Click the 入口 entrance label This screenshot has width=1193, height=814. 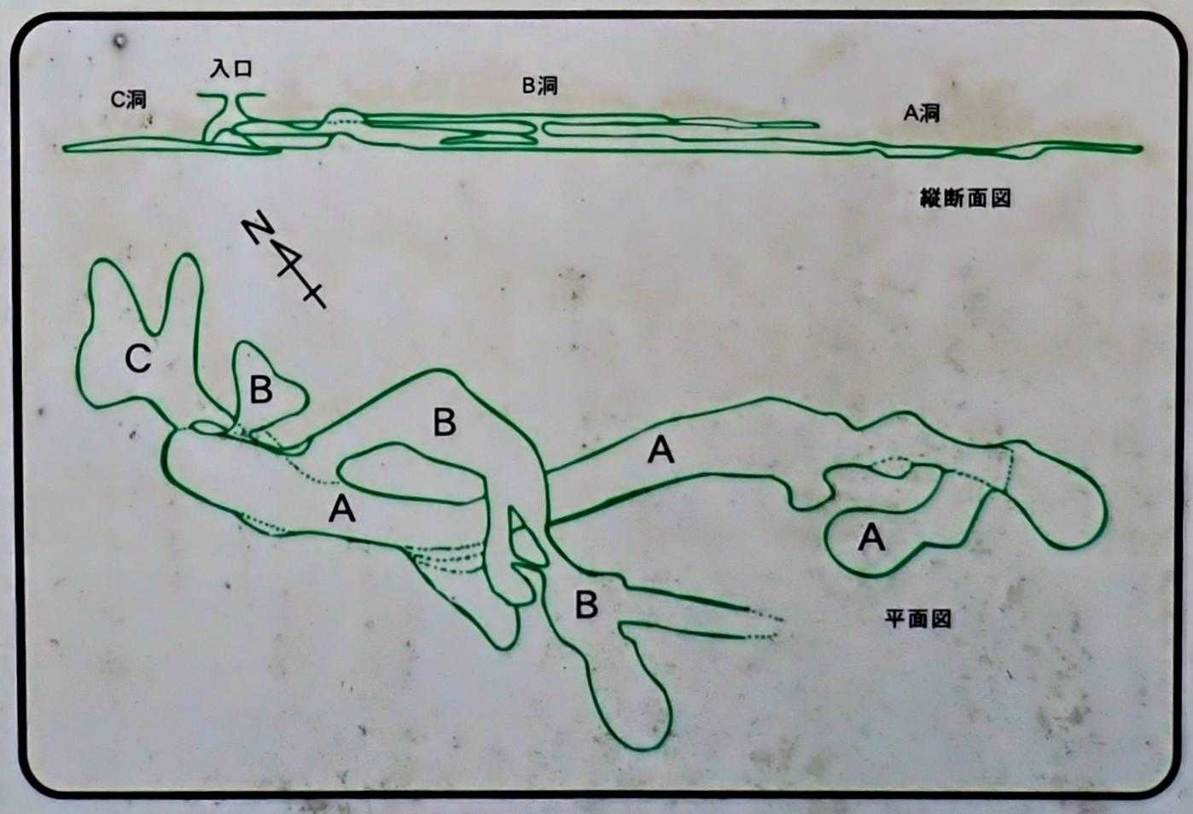click(x=230, y=68)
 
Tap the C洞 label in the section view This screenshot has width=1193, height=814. click(x=128, y=100)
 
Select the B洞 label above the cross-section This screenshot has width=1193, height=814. click(x=539, y=85)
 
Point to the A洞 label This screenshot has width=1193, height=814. click(x=922, y=113)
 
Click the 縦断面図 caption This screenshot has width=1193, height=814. click(x=966, y=199)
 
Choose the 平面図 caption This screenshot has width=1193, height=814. click(x=917, y=619)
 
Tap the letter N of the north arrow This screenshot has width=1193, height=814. click(x=259, y=227)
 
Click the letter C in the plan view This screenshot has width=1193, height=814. click(x=138, y=358)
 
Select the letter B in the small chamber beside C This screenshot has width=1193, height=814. click(x=261, y=390)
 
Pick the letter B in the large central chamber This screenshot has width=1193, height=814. click(x=445, y=422)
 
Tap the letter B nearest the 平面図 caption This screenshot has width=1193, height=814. click(x=586, y=605)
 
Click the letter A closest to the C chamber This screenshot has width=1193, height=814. click(x=342, y=509)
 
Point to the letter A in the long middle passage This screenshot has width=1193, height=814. click(x=661, y=450)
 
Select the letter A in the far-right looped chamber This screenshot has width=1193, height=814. click(x=871, y=537)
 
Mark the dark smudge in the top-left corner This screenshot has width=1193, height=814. click(x=119, y=40)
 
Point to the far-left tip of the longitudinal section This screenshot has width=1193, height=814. click(x=64, y=148)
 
